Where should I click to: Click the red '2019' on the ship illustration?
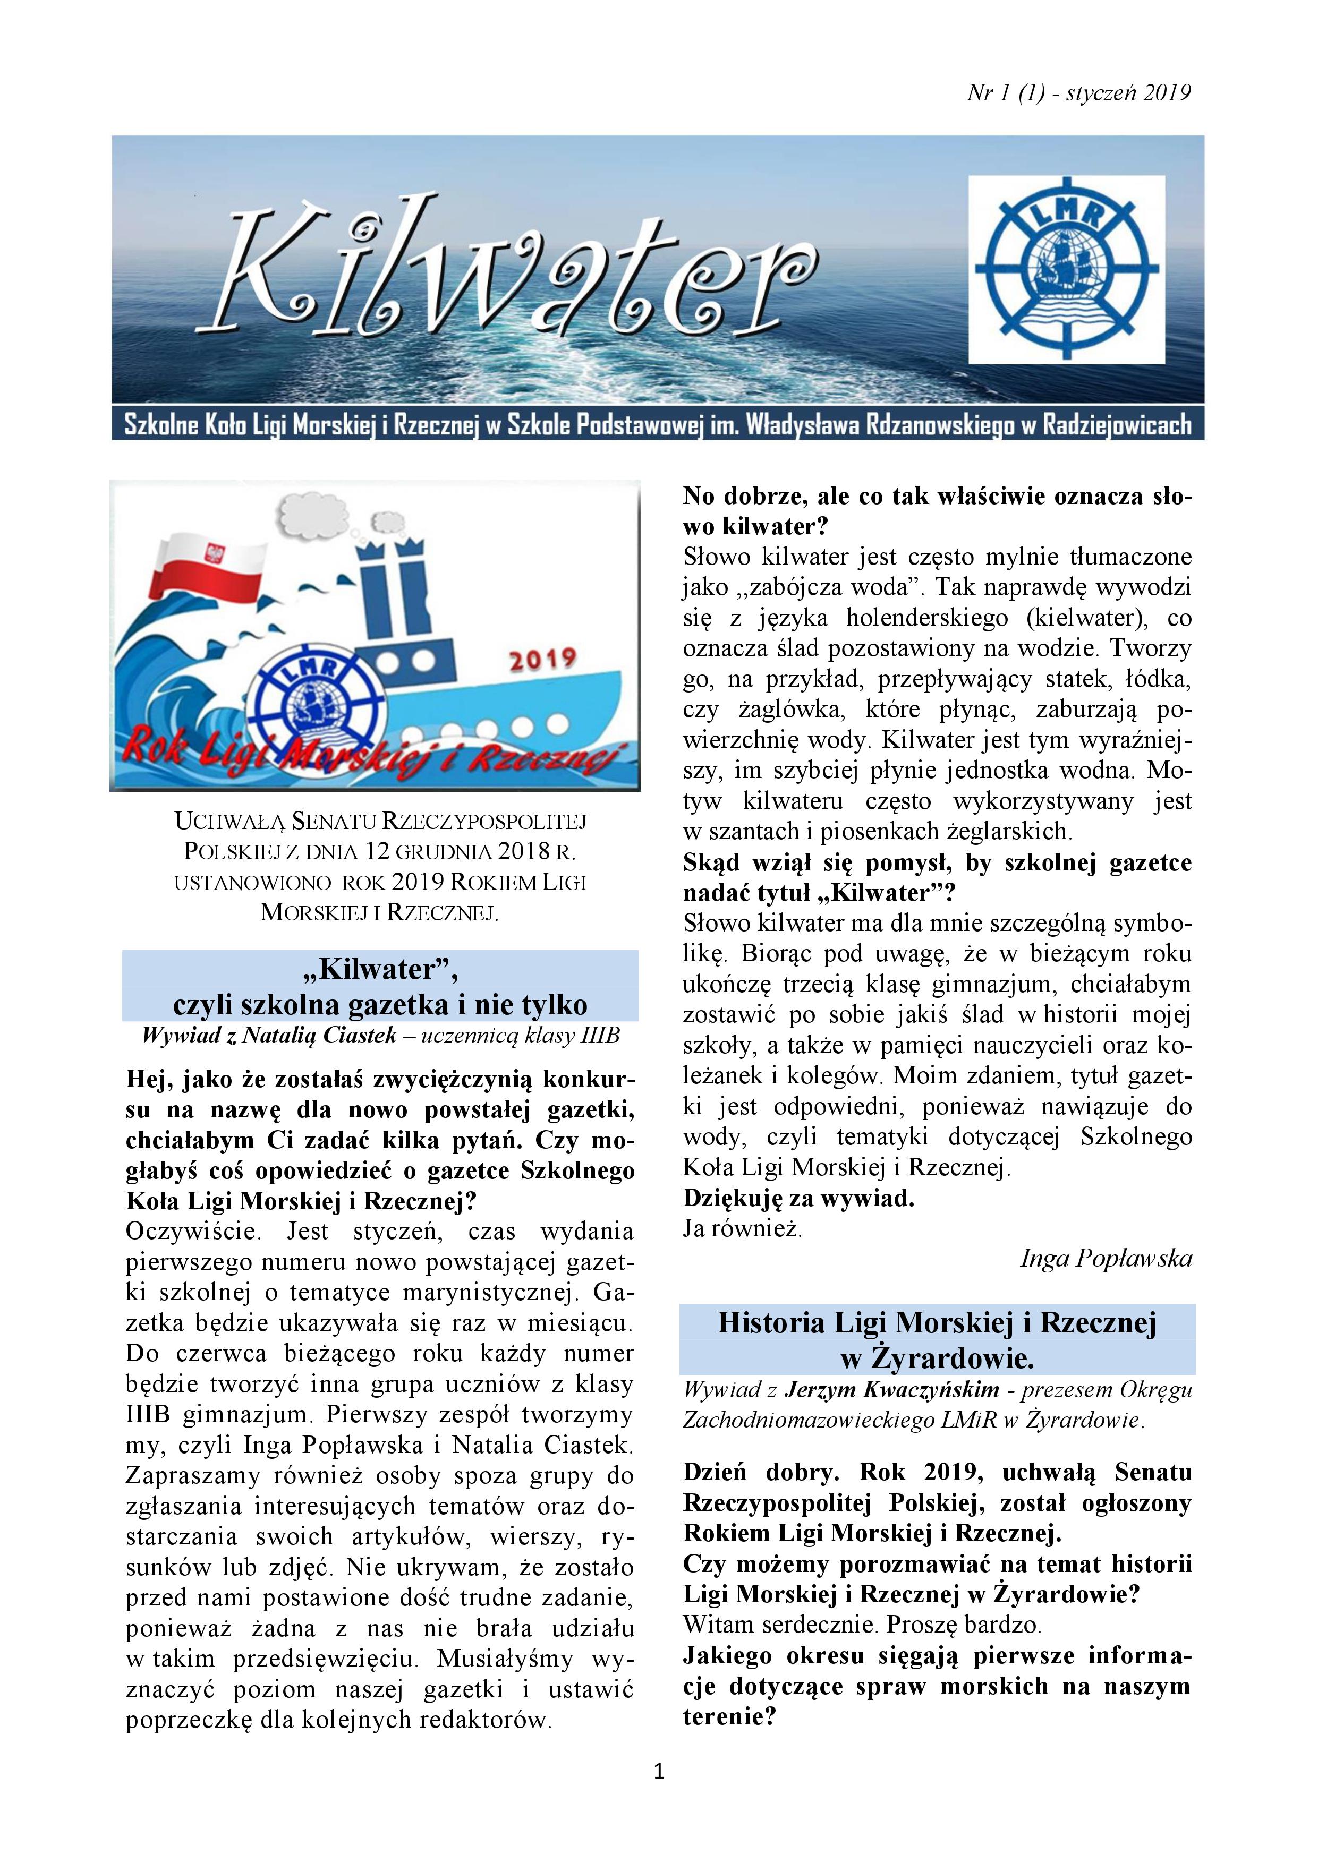point(542,659)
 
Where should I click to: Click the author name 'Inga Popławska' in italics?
point(1106,1259)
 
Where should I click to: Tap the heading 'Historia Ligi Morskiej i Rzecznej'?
point(937,1323)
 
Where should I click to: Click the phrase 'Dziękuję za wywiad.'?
point(798,1199)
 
